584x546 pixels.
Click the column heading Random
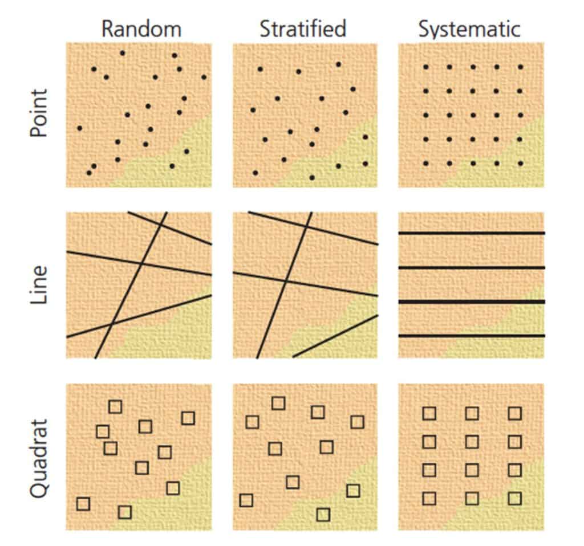[141, 29]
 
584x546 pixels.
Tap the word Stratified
[303, 28]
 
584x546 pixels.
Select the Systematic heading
[469, 30]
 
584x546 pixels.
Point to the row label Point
[39, 113]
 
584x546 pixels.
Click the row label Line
[39, 285]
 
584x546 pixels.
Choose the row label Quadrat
[39, 459]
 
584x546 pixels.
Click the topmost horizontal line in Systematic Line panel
[472, 233]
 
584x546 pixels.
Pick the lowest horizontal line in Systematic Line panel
[472, 336]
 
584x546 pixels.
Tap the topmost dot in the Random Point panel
[123, 53]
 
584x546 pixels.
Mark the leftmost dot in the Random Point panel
[80, 128]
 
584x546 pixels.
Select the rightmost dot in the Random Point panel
[204, 78]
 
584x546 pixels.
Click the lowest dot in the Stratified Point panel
[312, 177]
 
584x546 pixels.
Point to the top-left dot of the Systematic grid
[426, 67]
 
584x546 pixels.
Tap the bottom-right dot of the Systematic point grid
[520, 163]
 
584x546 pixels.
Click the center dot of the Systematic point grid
[473, 115]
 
